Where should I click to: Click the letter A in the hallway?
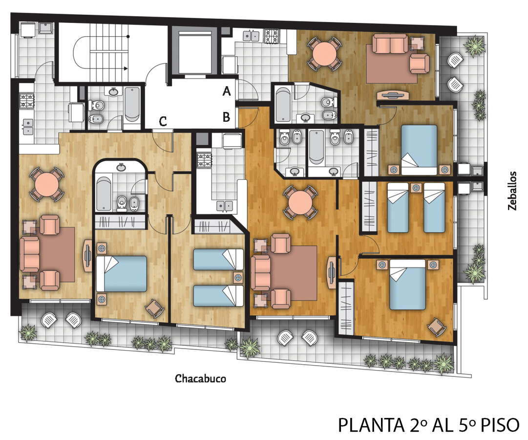[227, 91]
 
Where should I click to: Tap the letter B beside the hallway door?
[226, 117]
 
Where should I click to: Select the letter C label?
[163, 121]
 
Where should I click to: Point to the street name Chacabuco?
[200, 378]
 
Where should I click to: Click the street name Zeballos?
[512, 191]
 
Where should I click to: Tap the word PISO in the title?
[500, 425]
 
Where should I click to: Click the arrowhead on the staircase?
[126, 68]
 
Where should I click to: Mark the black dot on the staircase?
[128, 36]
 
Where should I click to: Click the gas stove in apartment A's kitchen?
[272, 36]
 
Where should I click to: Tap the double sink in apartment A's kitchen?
[251, 35]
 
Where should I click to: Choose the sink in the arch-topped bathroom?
[121, 167]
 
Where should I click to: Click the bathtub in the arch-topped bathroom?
[104, 195]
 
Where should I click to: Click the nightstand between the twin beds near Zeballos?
[416, 187]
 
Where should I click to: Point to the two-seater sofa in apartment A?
[390, 45]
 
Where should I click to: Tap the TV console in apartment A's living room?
[393, 95]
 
